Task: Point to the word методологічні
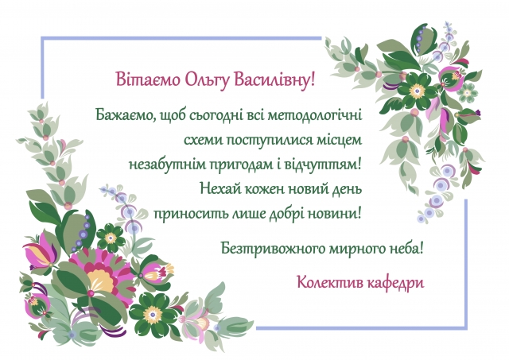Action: point(315,115)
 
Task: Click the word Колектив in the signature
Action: point(330,282)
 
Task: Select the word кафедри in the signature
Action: point(396,283)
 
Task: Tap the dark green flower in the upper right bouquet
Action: point(418,90)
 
